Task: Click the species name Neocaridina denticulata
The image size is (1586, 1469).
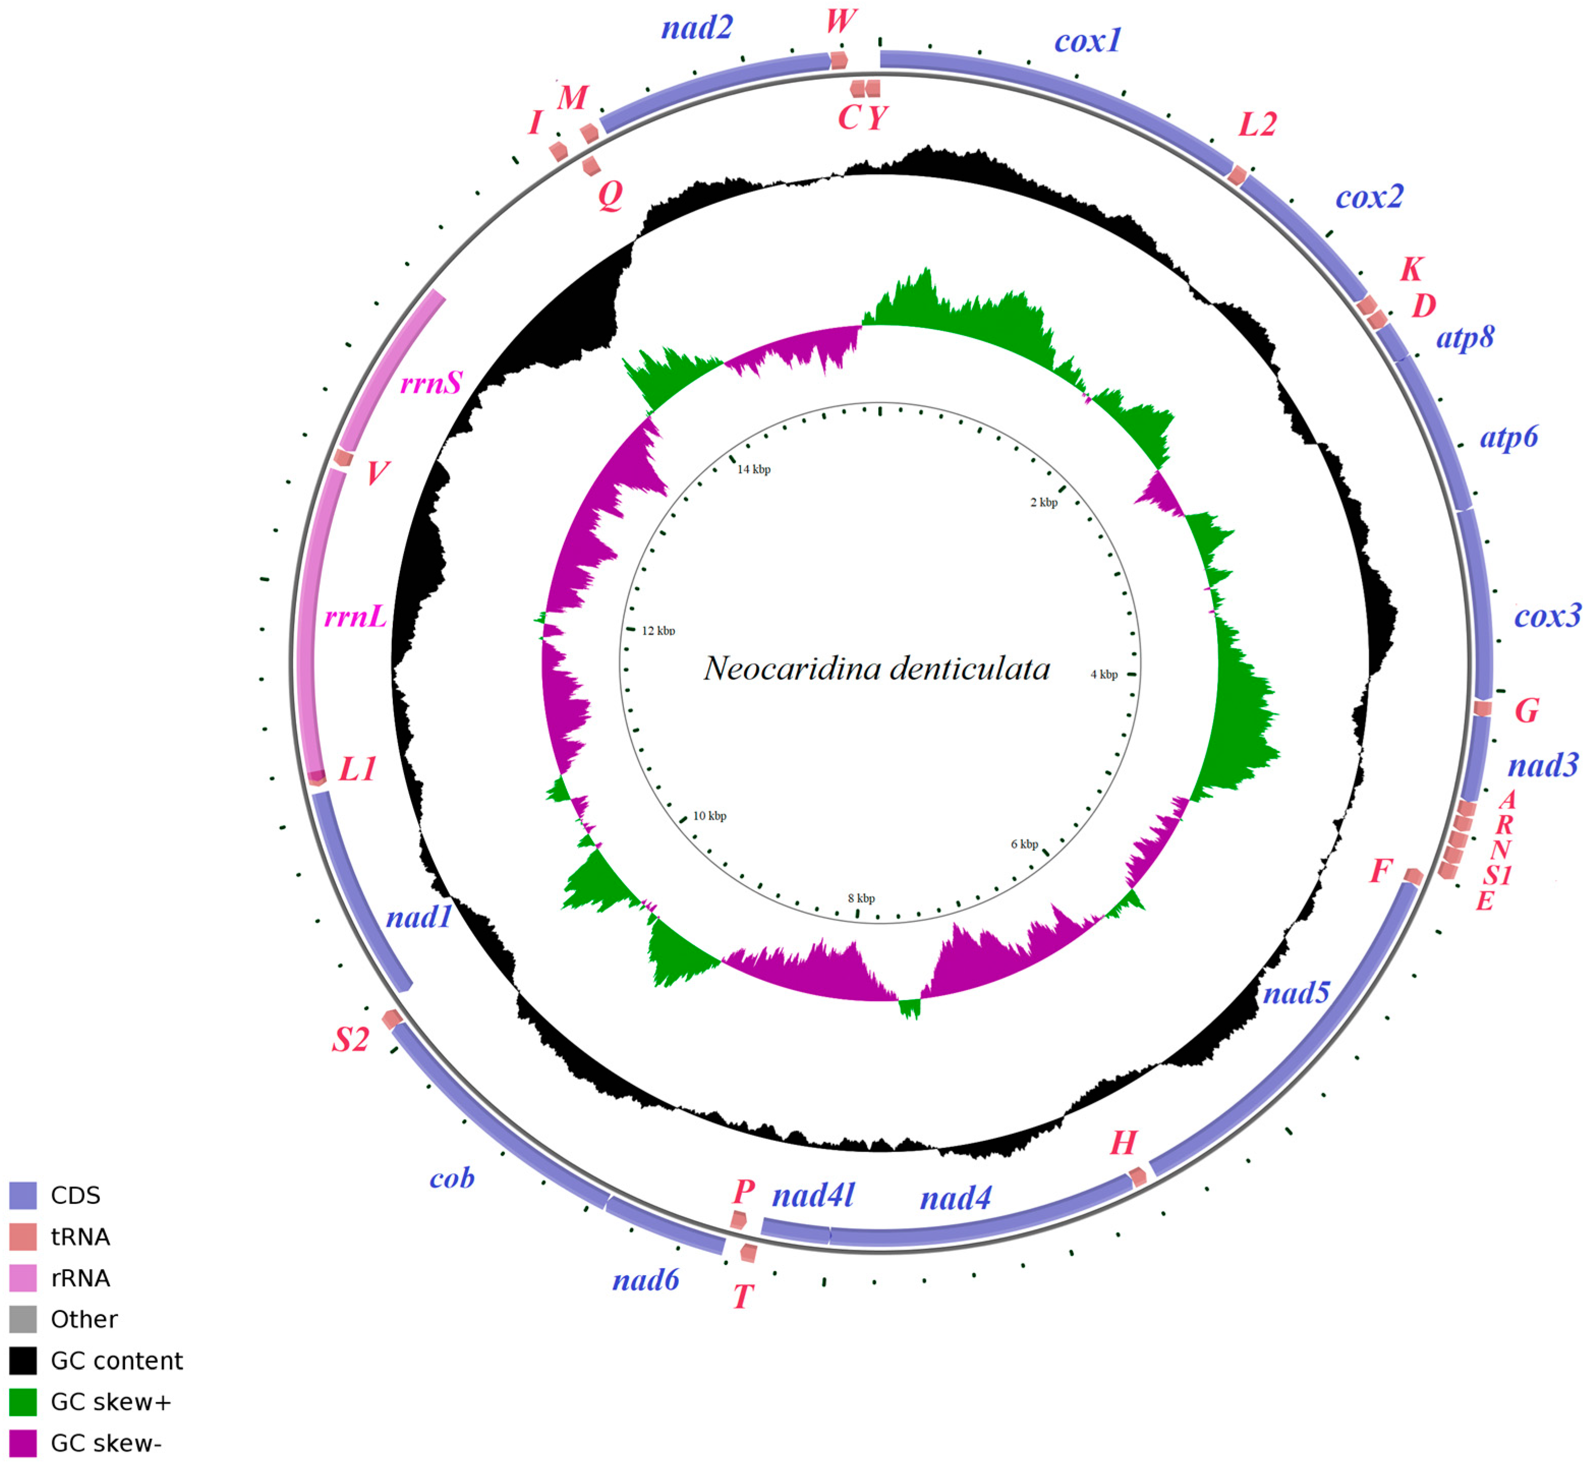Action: (x=876, y=668)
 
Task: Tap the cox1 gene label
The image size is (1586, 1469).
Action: (x=1087, y=41)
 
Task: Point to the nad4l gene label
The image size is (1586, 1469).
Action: (x=813, y=1195)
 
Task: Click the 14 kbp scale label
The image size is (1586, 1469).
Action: (x=753, y=469)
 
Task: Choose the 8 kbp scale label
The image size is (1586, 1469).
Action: (x=861, y=898)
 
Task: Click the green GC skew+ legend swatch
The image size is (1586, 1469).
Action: (x=23, y=1401)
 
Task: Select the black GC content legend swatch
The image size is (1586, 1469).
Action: (x=23, y=1360)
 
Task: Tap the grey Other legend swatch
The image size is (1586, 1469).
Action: (x=23, y=1319)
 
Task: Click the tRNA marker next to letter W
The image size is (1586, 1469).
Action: (x=839, y=60)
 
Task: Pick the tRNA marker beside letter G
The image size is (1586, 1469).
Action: (x=1482, y=708)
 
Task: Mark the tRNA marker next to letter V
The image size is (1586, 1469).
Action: (x=343, y=458)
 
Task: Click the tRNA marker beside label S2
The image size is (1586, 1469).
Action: (x=391, y=1018)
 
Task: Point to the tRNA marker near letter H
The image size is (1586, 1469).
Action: (x=1138, y=1177)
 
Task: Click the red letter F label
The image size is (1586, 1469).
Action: (x=1381, y=871)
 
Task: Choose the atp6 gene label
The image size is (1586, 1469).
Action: (x=1508, y=436)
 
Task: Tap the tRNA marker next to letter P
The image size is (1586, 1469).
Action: (x=738, y=1219)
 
